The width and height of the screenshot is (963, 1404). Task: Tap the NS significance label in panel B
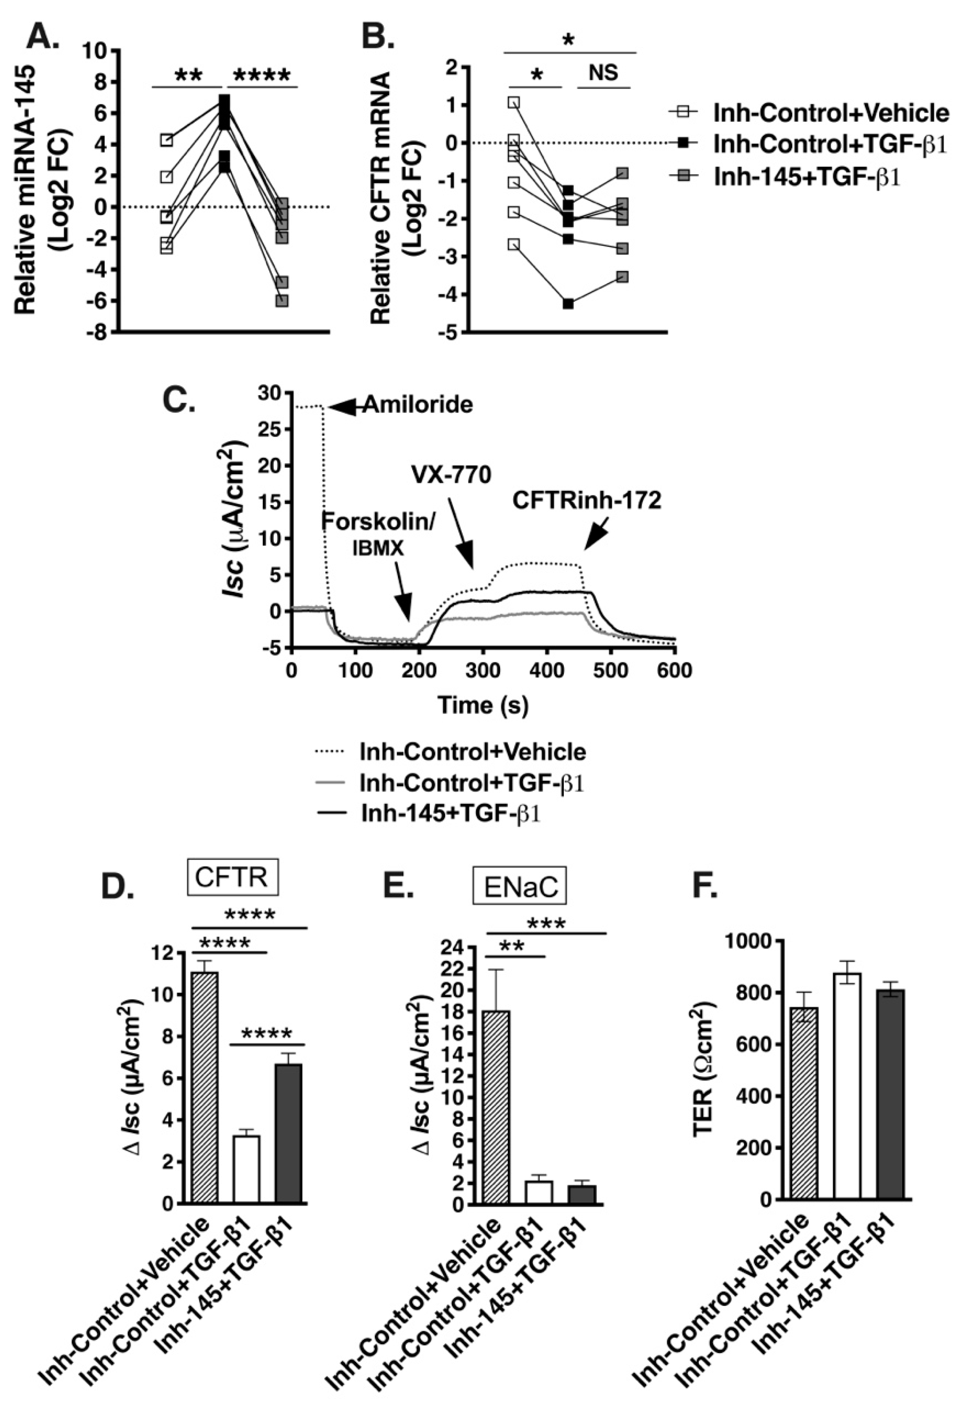(604, 73)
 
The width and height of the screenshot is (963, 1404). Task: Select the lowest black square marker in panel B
(568, 303)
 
